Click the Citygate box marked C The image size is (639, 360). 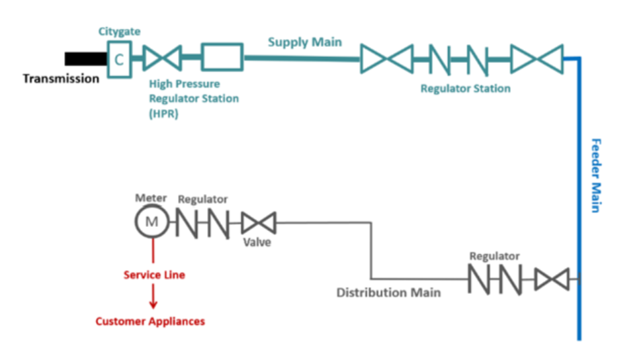point(119,59)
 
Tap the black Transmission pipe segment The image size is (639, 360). point(85,59)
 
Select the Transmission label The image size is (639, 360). point(61,79)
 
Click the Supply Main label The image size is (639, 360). point(305,42)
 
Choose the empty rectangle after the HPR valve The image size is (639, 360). point(222,58)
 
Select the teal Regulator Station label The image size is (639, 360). point(465,89)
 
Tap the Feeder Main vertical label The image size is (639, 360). point(595,175)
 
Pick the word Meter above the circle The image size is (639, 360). point(151,198)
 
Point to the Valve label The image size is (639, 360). point(257,242)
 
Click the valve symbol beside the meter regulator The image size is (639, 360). point(257,222)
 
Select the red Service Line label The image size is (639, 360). point(154,275)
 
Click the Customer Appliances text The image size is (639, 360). point(150,322)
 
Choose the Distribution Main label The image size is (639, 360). point(388,292)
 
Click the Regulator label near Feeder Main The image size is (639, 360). point(494,256)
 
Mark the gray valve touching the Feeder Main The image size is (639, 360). point(552,279)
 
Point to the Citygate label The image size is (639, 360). point(118,31)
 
